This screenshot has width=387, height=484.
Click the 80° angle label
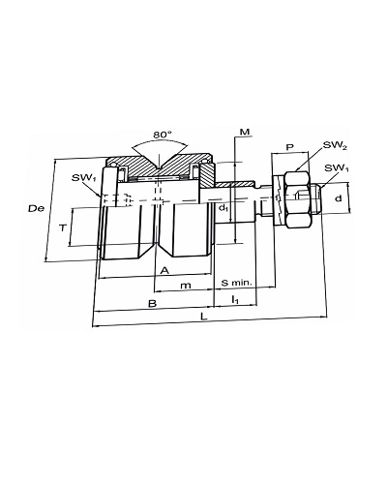[x=163, y=135]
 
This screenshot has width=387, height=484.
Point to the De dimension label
[x=36, y=208]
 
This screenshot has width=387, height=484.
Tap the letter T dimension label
[x=63, y=228]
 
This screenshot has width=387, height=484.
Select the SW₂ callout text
[x=335, y=145]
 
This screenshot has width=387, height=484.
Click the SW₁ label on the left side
[x=84, y=178]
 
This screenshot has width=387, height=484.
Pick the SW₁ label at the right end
[x=337, y=168]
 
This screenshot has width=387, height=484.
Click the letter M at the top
[x=245, y=132]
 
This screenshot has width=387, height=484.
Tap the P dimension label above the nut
[x=290, y=147]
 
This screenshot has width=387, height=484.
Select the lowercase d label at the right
[x=338, y=198]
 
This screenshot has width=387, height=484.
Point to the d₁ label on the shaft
[x=223, y=208]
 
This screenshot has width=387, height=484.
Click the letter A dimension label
[x=164, y=270]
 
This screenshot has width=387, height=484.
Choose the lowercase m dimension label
[x=186, y=286]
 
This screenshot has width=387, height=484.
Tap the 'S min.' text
[x=236, y=283]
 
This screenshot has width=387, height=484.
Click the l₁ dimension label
[x=235, y=300]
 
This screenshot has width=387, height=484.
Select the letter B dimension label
[x=152, y=303]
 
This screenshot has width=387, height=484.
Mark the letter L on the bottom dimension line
[x=203, y=317]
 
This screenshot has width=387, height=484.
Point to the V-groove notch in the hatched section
[x=159, y=163]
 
